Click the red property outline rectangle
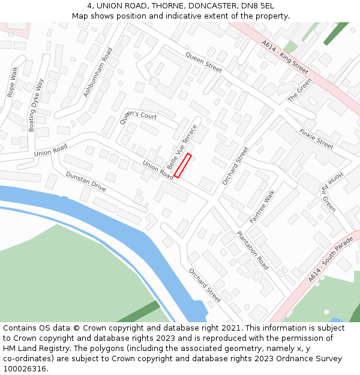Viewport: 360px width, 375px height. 183,166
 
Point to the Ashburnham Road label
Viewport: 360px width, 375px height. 97,72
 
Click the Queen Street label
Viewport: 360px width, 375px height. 203,62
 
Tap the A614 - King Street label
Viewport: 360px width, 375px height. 285,57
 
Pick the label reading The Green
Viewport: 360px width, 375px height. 299,90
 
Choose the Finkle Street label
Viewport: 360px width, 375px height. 316,139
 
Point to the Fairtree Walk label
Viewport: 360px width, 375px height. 262,207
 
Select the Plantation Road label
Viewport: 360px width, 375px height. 253,250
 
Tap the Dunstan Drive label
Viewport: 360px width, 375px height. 86,182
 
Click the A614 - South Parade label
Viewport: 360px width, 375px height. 331,260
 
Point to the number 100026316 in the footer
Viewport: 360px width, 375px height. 24,369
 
